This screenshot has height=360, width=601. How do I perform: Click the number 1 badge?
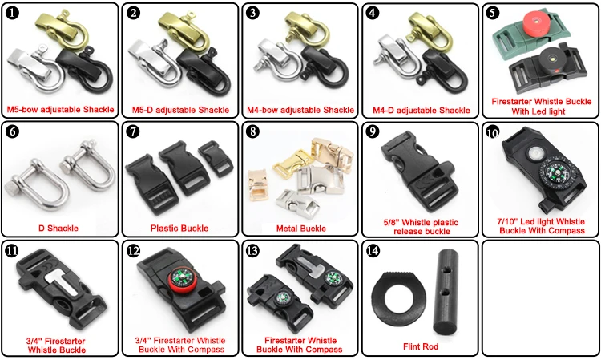pos(13,14)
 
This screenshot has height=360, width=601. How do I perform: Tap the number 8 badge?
pos(253,132)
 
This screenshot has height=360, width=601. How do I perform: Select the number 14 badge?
pos(373,251)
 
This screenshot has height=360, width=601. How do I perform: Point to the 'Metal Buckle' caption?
pos(300,229)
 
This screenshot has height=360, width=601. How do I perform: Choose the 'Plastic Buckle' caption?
pos(179,229)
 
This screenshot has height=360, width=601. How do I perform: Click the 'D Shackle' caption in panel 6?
pos(59,229)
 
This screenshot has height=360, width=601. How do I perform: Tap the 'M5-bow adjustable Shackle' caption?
pos(59,109)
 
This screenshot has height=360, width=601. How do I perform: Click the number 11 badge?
pos(13,251)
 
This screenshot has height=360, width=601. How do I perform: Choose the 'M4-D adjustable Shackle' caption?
pos(420,109)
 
